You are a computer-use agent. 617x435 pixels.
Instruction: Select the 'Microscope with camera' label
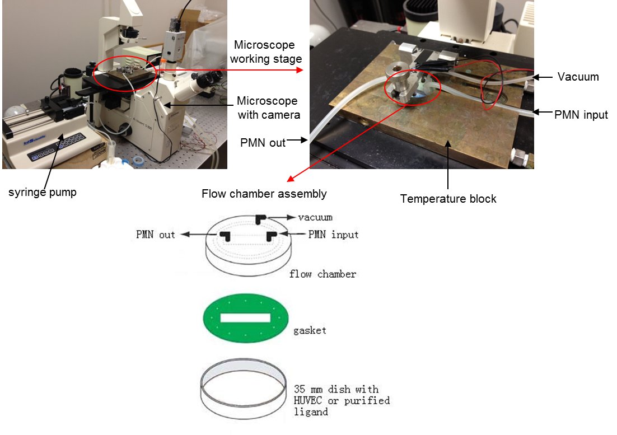pos(267,107)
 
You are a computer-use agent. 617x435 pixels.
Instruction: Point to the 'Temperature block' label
pos(448,199)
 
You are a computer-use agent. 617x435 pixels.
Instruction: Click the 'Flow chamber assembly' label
pos(264,194)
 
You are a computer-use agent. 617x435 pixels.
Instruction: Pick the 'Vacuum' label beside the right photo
pos(578,77)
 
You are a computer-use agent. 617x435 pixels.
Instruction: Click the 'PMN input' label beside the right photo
pos(581,115)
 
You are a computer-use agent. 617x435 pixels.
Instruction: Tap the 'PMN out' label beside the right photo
pos(263,142)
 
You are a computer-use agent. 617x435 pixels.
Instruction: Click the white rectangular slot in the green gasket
pos(245,318)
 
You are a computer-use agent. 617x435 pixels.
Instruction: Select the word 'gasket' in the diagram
pos(310,330)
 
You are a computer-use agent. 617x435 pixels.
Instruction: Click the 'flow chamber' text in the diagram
pos(322,274)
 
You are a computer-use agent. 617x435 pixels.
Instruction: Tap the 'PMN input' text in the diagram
pos(333,234)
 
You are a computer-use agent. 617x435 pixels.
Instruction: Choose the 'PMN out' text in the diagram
pos(156,235)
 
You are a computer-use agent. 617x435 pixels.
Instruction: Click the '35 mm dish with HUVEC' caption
pos(342,400)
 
